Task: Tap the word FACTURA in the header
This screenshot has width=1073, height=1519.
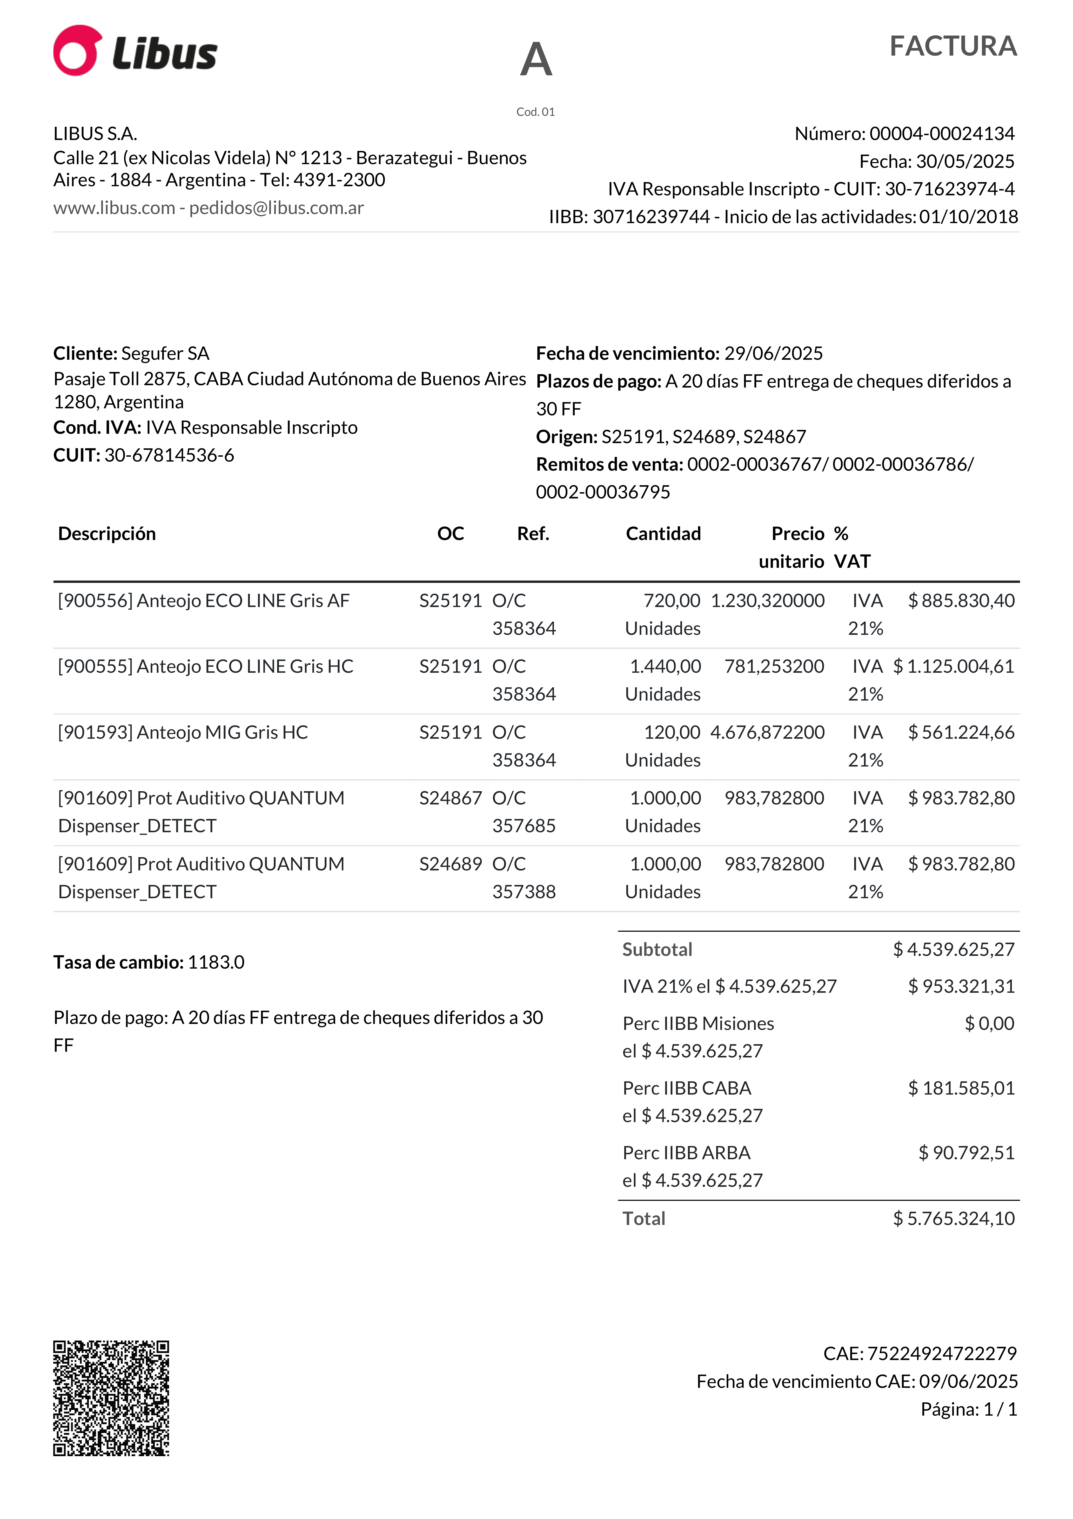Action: click(953, 46)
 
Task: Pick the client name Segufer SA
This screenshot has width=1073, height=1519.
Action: click(165, 353)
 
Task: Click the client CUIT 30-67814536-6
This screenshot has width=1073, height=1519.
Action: click(169, 455)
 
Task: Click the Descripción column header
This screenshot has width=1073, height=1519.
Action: click(107, 534)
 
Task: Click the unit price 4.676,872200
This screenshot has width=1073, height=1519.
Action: click(767, 732)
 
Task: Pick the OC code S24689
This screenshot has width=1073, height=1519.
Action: click(451, 864)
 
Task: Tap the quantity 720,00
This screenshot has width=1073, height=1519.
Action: click(672, 601)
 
